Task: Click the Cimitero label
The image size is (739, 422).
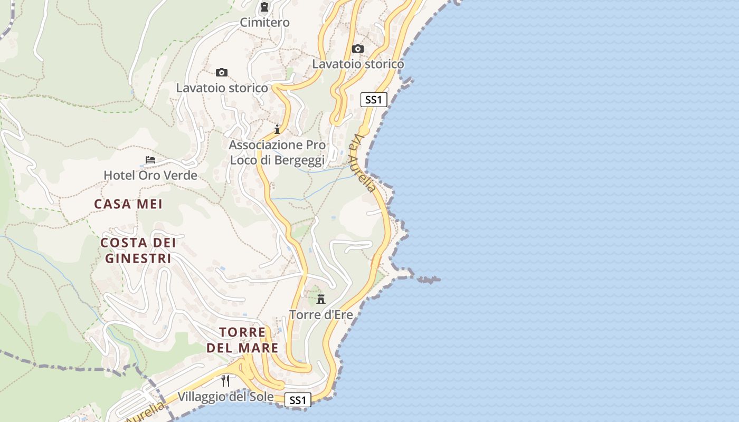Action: [x=264, y=22]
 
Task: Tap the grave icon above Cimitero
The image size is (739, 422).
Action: [x=264, y=7]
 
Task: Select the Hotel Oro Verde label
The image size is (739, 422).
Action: [x=150, y=175]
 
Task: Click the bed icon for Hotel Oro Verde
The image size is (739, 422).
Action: [x=150, y=159]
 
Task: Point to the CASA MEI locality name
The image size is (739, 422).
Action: [x=128, y=204]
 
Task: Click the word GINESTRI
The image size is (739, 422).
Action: [x=138, y=258]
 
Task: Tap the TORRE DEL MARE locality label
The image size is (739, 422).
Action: [x=242, y=340]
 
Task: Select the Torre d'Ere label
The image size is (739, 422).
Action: [x=321, y=315]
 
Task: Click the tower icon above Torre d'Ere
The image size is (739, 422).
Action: [x=320, y=300]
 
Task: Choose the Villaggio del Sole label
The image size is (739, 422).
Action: [x=225, y=397]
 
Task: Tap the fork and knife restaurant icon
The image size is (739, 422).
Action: [x=225, y=380]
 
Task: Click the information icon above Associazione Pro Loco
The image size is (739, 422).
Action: [x=277, y=129]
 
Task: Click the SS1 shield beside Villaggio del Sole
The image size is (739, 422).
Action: [x=298, y=400]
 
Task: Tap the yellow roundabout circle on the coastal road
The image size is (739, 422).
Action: [x=364, y=130]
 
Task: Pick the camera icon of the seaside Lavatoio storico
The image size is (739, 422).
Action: [x=358, y=49]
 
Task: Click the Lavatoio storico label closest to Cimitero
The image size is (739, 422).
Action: [x=222, y=88]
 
